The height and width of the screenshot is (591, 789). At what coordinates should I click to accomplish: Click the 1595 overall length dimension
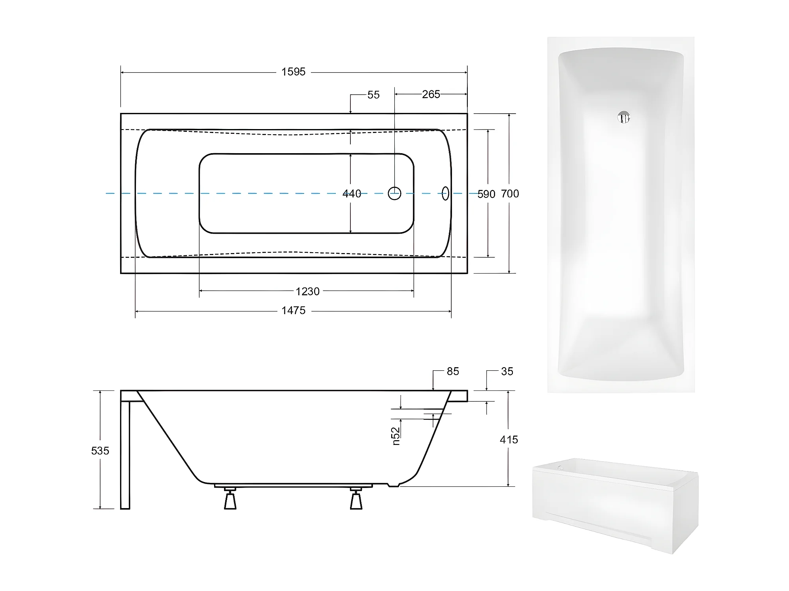pos(293,72)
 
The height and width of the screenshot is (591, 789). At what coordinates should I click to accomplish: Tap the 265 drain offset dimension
pos(431,94)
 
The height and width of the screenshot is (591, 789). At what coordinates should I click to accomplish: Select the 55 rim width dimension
pos(373,95)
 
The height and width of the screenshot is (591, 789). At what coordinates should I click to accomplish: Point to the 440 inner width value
pos(352,193)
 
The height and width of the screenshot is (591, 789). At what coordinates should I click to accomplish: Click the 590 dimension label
pos(486,194)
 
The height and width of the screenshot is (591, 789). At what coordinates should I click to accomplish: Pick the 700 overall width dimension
pos(510,193)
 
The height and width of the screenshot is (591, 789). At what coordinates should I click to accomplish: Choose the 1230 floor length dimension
pos(307,291)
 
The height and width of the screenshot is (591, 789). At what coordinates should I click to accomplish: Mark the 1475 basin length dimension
pos(293,310)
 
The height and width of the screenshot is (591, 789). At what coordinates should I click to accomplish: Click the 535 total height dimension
pos(100,450)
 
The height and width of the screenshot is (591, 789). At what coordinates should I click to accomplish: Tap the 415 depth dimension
pos(509,439)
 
